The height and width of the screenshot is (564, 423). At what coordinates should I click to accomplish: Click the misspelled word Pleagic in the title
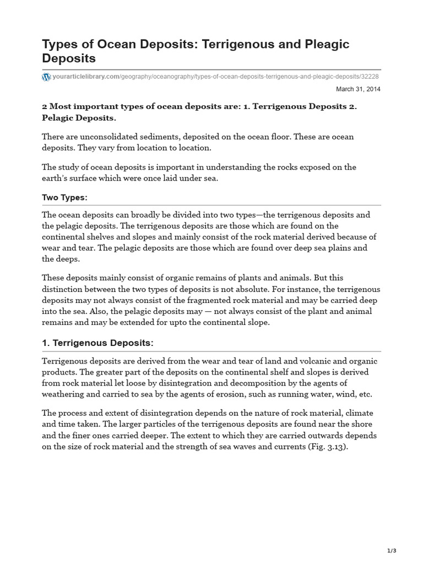coord(325,44)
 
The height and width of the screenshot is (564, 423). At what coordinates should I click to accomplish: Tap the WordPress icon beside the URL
coord(46,77)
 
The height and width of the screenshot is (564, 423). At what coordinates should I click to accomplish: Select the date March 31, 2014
coord(358,89)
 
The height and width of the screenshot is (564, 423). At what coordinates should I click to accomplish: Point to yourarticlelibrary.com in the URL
coord(85,77)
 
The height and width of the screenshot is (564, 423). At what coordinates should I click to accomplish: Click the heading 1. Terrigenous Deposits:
coord(97,343)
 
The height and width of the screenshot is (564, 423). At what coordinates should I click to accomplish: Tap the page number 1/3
coord(391,551)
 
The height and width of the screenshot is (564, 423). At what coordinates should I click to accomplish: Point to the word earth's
coord(56,177)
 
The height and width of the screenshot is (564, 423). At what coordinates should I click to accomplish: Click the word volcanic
coord(292,361)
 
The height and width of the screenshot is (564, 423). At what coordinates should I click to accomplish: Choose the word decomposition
coord(254,383)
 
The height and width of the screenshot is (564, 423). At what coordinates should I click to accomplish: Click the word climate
coord(365,414)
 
